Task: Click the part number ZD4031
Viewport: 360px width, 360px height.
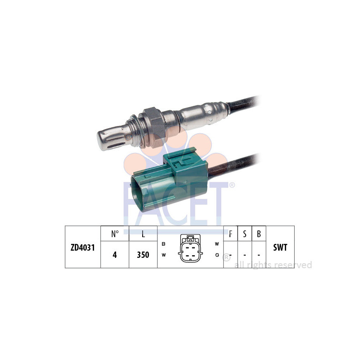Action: [83, 247]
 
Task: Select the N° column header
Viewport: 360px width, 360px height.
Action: [114, 234]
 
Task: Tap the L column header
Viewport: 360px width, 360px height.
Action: [143, 234]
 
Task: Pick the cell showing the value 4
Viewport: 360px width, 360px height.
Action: [114, 254]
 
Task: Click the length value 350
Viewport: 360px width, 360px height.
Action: [143, 254]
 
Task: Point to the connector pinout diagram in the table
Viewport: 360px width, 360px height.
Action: [190, 248]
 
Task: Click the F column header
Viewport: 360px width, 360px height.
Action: [230, 234]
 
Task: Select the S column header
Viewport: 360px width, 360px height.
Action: [244, 234]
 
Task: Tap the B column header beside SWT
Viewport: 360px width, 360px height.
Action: [259, 234]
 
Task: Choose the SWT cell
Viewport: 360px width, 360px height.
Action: [280, 247]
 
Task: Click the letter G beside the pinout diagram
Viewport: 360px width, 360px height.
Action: [217, 255]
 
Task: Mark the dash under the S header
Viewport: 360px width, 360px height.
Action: [244, 255]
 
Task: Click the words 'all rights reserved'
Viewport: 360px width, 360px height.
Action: [273, 265]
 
